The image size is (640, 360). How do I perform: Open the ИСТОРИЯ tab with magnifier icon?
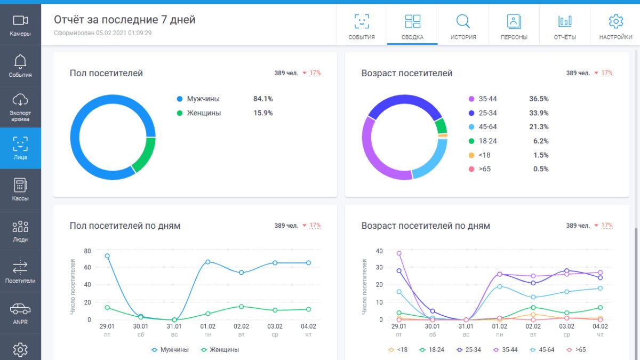[x=463, y=25]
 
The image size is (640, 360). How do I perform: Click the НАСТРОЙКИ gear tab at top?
[x=615, y=25]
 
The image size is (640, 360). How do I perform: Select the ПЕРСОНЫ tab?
[x=514, y=25]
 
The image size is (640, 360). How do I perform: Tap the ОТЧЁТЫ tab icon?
[x=565, y=21]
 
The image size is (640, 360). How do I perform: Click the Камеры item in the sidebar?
[x=20, y=25]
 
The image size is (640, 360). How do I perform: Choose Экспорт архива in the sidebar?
[x=20, y=107]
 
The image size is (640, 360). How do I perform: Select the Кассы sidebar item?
[x=20, y=189]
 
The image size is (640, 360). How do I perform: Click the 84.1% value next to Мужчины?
[x=263, y=99]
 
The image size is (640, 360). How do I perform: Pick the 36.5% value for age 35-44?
[x=539, y=99]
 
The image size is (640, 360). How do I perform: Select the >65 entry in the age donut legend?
[x=479, y=169]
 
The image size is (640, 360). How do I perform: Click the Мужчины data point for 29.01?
[x=107, y=256]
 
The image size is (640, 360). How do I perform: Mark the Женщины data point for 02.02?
[x=242, y=307]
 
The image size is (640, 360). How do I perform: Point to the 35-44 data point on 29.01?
[x=399, y=253]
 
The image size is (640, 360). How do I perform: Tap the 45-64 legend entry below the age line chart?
[x=542, y=350]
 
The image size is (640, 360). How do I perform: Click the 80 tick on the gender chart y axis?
[x=87, y=251]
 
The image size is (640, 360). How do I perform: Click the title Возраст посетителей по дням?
[x=426, y=226]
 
